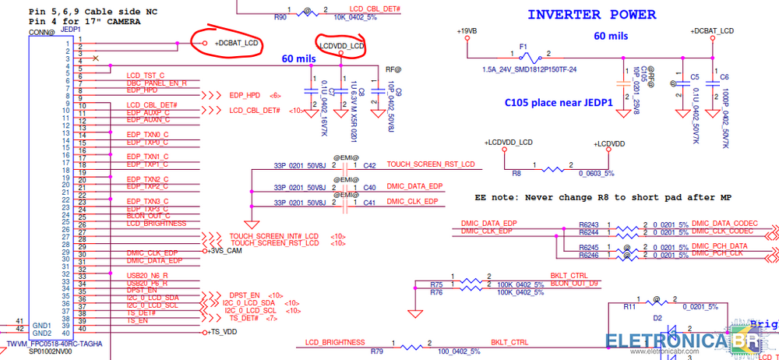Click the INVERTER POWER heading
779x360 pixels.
591,15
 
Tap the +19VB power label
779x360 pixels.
467,30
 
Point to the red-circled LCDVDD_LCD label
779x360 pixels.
342,47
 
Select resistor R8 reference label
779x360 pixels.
516,174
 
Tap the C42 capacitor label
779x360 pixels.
369,165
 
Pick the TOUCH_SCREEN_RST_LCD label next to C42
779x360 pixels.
430,165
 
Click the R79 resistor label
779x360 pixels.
376,351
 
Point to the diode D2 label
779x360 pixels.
657,318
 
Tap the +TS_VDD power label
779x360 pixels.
223,332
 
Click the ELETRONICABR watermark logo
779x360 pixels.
689,342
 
